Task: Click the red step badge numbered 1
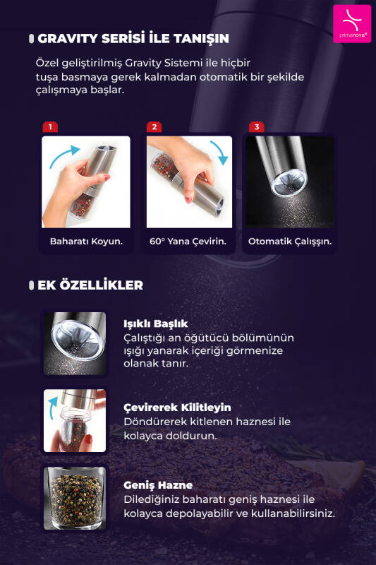coord(49,127)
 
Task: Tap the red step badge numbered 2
coord(154,127)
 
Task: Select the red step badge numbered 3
coord(257,127)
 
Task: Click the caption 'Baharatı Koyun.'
coord(86,242)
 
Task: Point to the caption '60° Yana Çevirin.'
coord(188,242)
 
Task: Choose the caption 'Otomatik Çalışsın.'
coord(290,242)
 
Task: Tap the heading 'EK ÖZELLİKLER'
coord(90,285)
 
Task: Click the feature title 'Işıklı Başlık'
coord(156,323)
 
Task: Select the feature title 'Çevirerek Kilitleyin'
coord(177,408)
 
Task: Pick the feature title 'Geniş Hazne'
coord(158,485)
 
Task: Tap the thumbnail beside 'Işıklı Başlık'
coord(75,343)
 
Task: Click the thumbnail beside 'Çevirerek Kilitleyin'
coord(75,421)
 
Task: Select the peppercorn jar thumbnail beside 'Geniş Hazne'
coord(75,498)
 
